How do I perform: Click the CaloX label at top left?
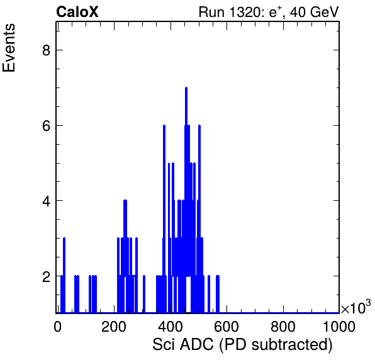[x=77, y=12]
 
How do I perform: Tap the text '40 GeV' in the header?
[x=315, y=12]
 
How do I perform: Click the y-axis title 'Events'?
[x=9, y=48]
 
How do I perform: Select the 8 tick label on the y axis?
[x=46, y=50]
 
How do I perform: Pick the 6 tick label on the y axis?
[x=46, y=126]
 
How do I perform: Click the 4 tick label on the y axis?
[x=46, y=201]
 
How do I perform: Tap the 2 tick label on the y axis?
[x=46, y=276]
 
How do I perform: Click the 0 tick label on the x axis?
[x=57, y=326]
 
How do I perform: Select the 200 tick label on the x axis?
[x=114, y=326]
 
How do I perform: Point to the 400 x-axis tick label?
[x=171, y=326]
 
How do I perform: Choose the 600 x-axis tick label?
[x=227, y=326]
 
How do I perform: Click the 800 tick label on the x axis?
[x=283, y=326]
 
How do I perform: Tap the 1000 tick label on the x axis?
[x=339, y=326]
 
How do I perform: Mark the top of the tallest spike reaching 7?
[x=186, y=87]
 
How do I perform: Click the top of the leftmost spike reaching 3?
[x=64, y=239]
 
